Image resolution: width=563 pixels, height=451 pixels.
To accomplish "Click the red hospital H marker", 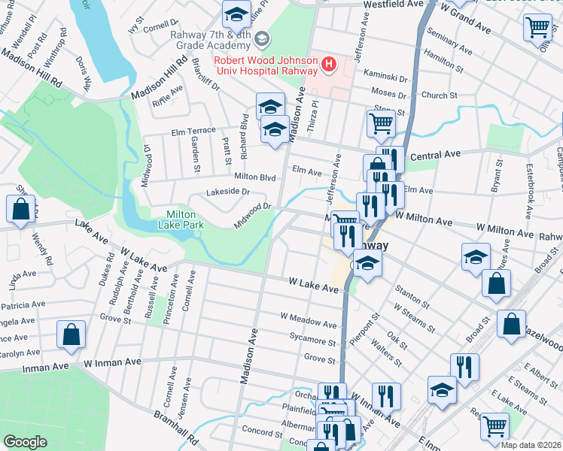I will coord(329,65).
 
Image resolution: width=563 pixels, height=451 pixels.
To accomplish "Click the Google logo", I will coord(26,442).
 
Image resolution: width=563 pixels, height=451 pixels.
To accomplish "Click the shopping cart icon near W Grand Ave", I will coord(539,28).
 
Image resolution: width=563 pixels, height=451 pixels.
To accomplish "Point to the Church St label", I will coord(439,95).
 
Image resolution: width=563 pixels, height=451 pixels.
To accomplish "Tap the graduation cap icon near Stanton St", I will coord(367,264).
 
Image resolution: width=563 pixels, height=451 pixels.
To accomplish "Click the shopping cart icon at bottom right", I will coord(495,426).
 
